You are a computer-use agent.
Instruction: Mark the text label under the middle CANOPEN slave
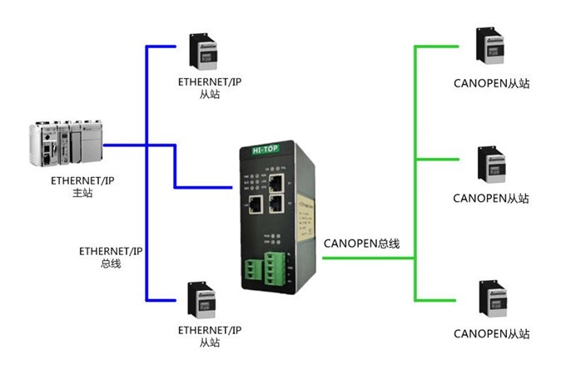491,199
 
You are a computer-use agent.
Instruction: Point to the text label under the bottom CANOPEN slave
491,334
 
